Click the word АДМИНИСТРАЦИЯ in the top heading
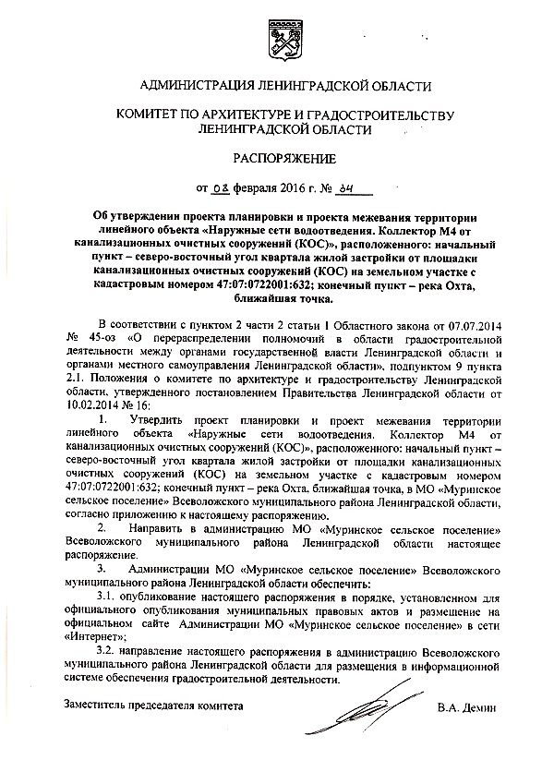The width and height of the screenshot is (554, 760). click(x=195, y=87)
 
